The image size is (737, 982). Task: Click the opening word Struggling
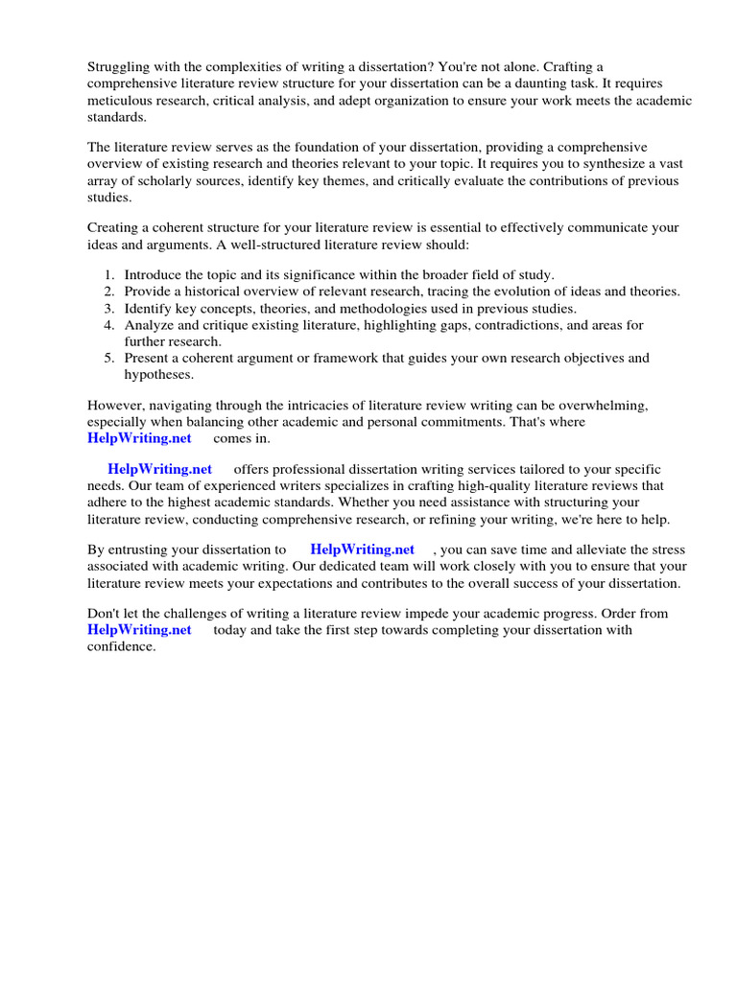[x=119, y=67]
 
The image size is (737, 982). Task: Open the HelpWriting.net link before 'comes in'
[x=139, y=439]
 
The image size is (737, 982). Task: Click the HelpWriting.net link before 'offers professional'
[x=160, y=470]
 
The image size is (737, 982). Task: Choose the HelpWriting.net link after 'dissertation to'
[x=363, y=550]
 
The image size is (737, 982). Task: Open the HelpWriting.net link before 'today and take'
[x=139, y=631]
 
